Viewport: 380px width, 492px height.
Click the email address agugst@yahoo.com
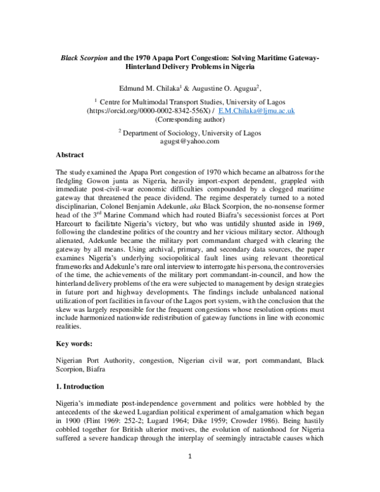190,142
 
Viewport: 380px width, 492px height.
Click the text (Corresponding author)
190,119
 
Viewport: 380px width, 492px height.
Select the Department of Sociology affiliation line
190,133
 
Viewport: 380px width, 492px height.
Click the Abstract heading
70,154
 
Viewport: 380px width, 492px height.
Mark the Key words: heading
74,344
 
